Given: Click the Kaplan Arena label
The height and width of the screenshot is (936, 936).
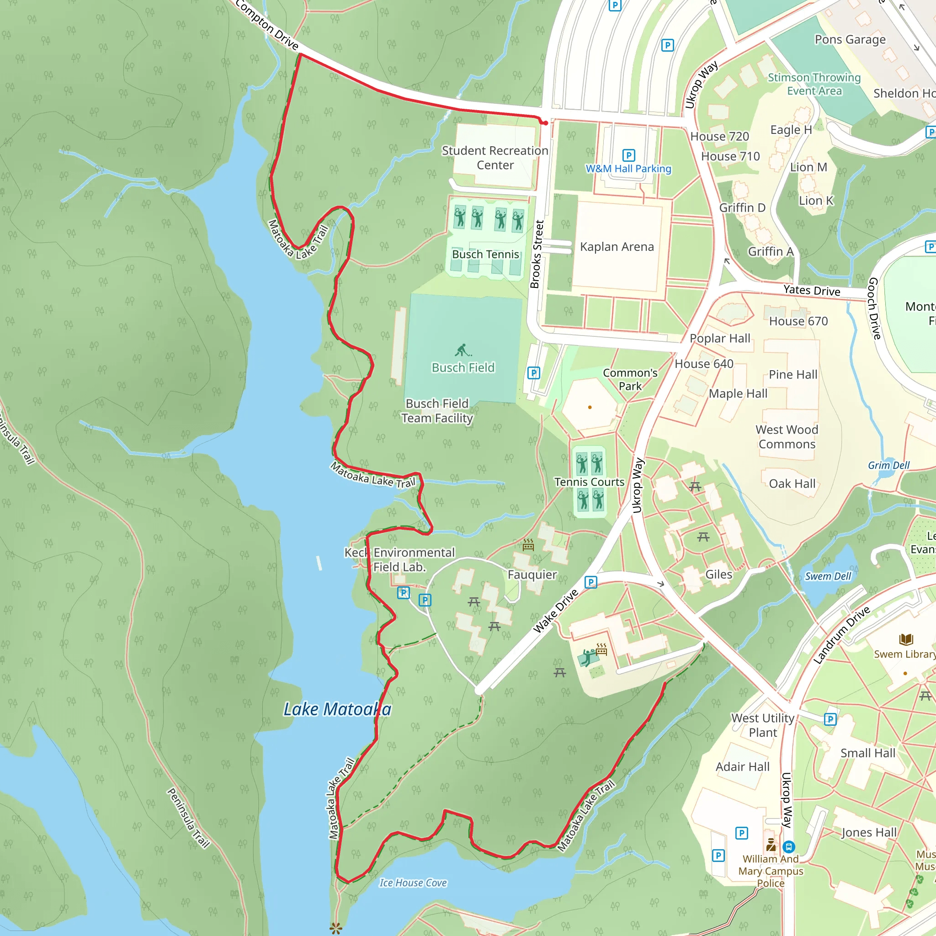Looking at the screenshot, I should (x=617, y=247).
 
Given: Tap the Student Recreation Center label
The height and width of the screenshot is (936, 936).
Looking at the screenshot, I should (x=495, y=158).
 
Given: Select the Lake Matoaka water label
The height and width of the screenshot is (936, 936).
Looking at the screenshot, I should (x=337, y=709).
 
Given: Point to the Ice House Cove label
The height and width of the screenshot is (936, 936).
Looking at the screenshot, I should (x=413, y=883).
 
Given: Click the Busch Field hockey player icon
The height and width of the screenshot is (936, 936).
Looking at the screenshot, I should (x=463, y=350).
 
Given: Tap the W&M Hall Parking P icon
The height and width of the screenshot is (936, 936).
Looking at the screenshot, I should (x=628, y=155).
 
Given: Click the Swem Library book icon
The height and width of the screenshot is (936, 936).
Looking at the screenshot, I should (x=906, y=639).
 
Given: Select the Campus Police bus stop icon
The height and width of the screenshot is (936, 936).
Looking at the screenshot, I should (x=788, y=846).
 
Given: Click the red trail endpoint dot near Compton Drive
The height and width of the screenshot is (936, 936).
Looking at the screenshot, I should (x=546, y=123).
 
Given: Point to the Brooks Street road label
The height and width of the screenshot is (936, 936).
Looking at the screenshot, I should (x=537, y=255).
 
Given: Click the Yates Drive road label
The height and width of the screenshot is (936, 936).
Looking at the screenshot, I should (x=812, y=290).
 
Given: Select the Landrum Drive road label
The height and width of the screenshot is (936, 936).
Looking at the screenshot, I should (x=841, y=635).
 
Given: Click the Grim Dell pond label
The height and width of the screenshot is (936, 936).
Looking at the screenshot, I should (x=888, y=465).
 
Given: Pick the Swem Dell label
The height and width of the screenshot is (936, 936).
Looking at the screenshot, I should (x=828, y=576).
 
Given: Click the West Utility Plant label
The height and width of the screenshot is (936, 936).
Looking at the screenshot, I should (x=763, y=725).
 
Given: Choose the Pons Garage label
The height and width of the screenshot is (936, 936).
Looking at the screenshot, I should (x=850, y=39).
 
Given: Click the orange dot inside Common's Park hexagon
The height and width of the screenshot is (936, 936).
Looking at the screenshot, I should (x=590, y=407).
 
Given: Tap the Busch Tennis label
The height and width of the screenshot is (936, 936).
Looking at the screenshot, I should (x=485, y=255).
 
